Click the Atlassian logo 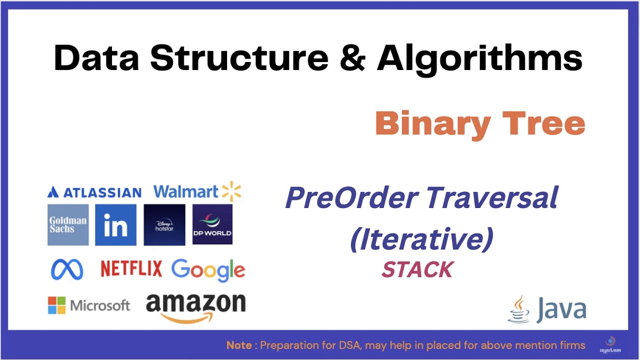[x=94, y=192]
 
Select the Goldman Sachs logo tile [x=68, y=224]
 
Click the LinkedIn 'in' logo [x=115, y=224]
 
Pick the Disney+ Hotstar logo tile [x=164, y=224]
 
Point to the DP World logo [x=212, y=224]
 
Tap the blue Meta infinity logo [x=67, y=269]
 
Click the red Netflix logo [x=131, y=269]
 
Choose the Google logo [x=208, y=270]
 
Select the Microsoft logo [x=89, y=305]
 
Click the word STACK [x=417, y=270]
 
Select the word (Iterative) [x=421, y=239]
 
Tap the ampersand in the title [x=352, y=58]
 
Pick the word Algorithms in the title [x=479, y=58]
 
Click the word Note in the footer [x=238, y=345]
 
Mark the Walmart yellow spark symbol [x=231, y=191]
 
